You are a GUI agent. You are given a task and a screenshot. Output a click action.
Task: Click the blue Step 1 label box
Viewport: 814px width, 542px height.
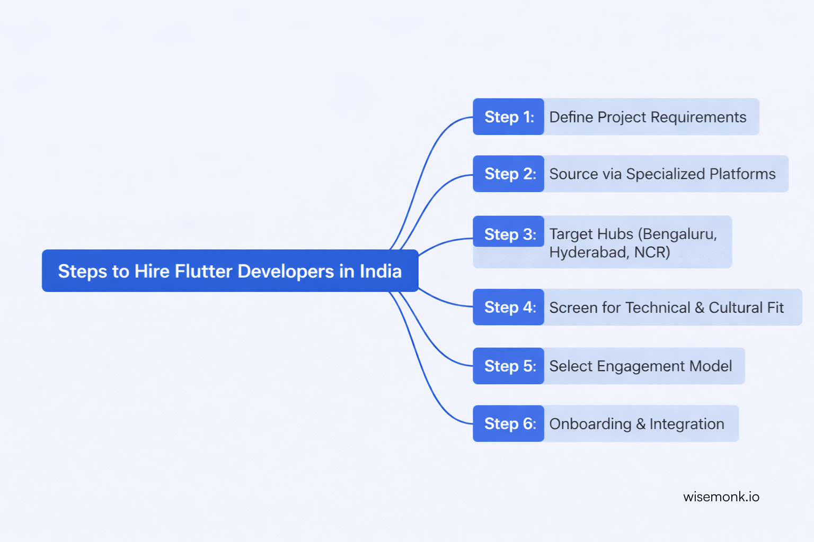click(508, 117)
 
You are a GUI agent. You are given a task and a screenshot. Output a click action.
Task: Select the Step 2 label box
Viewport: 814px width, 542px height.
click(508, 174)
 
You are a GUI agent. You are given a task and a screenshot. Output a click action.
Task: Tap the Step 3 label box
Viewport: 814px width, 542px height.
click(508, 234)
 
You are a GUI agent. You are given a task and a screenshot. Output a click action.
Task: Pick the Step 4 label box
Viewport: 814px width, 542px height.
click(508, 307)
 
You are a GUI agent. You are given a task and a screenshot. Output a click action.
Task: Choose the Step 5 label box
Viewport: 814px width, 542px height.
click(508, 366)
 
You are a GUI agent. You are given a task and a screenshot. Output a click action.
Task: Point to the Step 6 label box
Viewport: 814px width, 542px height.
click(508, 423)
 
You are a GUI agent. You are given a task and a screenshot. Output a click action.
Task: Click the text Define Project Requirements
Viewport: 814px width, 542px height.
click(648, 117)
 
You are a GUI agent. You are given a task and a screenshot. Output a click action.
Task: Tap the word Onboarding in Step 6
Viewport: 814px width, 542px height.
click(590, 424)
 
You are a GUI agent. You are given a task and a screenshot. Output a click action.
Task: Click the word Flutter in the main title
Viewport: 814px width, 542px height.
click(203, 271)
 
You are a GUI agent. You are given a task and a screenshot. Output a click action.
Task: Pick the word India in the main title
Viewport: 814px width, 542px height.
click(381, 271)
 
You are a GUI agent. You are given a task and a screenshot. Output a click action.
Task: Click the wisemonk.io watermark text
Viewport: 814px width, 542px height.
click(721, 496)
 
